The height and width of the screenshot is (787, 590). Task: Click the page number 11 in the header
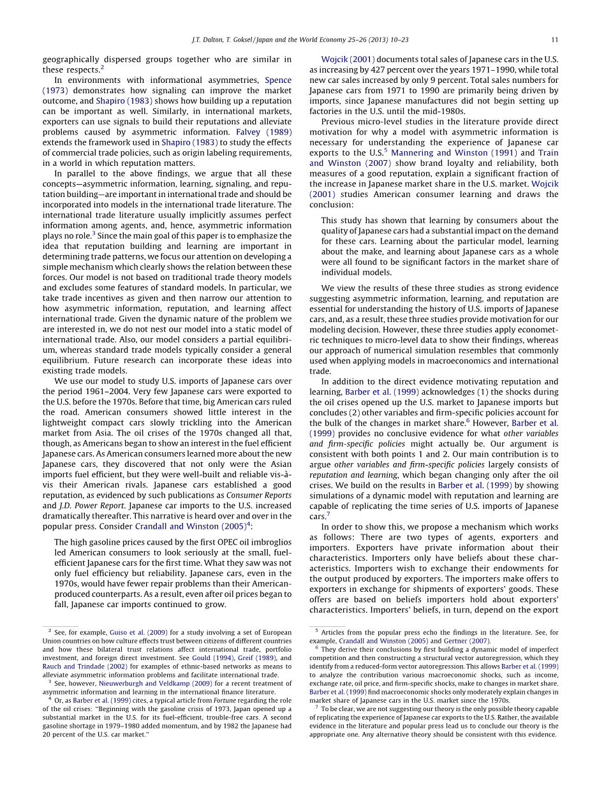point(555,40)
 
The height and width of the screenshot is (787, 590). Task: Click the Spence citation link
point(278,80)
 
